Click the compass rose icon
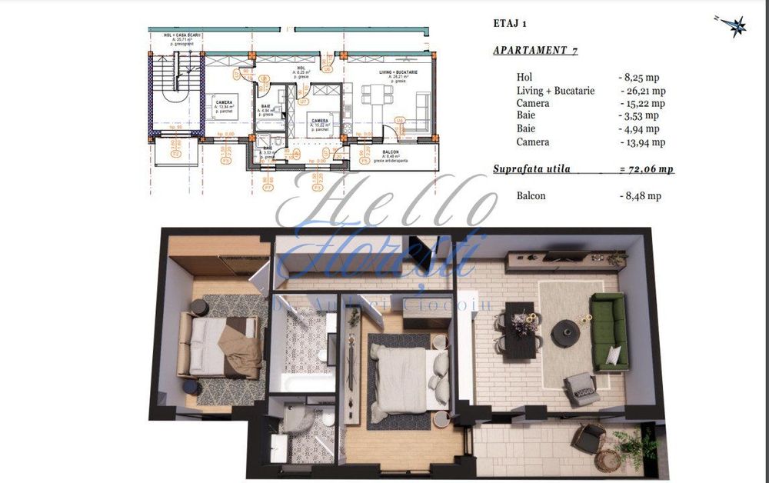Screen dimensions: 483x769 click(738, 25)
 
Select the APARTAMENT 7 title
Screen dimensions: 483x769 click(534, 52)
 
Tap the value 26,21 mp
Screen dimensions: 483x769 click(642, 91)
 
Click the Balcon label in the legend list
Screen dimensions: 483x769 click(531, 195)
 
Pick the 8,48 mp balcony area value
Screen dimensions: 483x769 click(640, 195)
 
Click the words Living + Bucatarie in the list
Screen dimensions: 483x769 click(555, 91)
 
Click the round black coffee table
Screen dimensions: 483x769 click(565, 332)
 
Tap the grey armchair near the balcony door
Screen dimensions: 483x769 click(580, 388)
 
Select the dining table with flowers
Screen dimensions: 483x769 click(521, 329)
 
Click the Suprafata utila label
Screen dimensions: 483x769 click(531, 168)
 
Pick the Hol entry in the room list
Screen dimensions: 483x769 click(524, 78)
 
